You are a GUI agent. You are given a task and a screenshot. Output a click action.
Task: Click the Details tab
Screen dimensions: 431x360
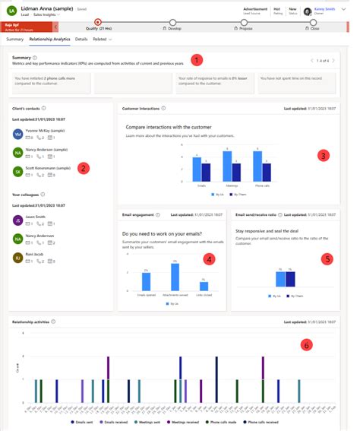(x=81, y=37)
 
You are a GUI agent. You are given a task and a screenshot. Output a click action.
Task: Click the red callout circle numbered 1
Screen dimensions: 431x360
(x=197, y=60)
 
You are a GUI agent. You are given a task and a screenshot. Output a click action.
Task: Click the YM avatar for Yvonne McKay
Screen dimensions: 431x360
(x=18, y=134)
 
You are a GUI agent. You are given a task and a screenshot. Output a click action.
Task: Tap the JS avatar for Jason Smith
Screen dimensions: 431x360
(x=18, y=220)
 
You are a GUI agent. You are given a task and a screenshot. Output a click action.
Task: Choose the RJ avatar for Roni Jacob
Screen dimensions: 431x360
(x=18, y=258)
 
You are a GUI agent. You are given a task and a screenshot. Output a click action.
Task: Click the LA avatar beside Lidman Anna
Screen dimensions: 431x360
(x=10, y=11)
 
